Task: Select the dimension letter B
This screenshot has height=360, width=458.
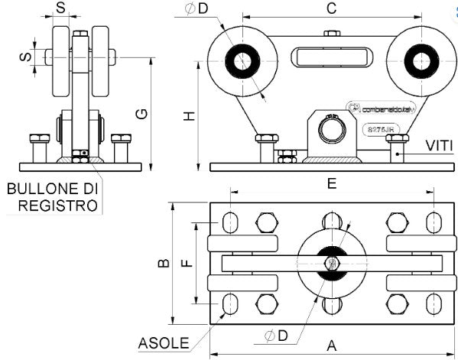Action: tap(162, 263)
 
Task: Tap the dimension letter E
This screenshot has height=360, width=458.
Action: tap(331, 183)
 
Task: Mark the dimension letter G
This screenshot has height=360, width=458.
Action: tap(141, 113)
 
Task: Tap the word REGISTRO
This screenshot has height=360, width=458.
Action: tap(57, 205)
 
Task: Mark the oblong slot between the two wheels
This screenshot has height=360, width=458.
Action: tap(331, 57)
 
